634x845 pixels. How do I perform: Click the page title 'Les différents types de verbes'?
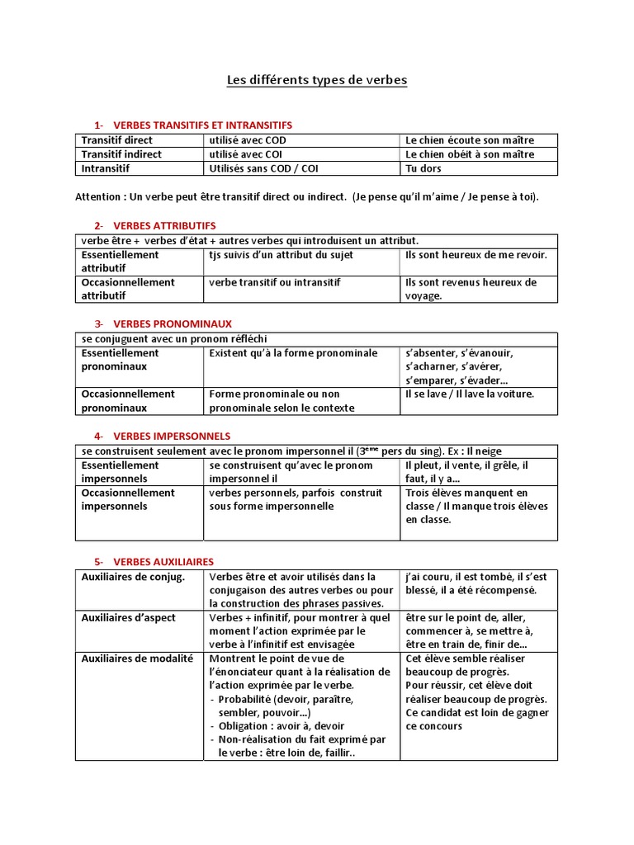tap(317, 80)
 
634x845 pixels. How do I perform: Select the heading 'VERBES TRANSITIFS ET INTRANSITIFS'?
tap(202, 125)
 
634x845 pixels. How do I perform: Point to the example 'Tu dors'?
tap(423, 168)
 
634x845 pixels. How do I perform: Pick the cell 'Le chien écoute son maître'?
tap(470, 140)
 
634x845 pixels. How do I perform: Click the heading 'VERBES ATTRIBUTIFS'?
tap(164, 225)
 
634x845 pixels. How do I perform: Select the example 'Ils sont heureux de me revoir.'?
tap(476, 255)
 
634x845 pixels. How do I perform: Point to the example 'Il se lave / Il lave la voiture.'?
tap(470, 394)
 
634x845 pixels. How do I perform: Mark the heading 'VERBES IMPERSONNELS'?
tap(171, 436)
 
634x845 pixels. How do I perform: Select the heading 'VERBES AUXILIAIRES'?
tap(163, 561)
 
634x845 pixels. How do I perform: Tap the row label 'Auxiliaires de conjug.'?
tap(133, 577)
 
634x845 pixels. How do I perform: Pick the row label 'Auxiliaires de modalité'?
tap(137, 659)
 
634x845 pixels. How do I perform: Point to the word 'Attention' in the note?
tap(98, 197)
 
